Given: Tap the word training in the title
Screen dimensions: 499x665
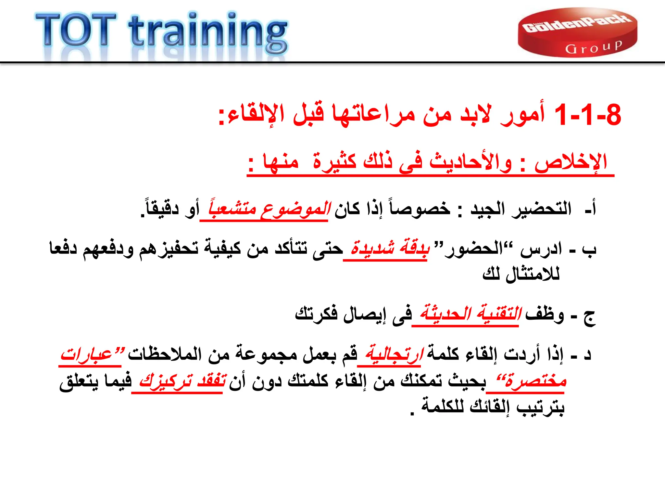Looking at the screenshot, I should tap(208, 32).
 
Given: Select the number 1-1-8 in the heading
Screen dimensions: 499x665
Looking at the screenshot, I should tap(588, 115).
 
